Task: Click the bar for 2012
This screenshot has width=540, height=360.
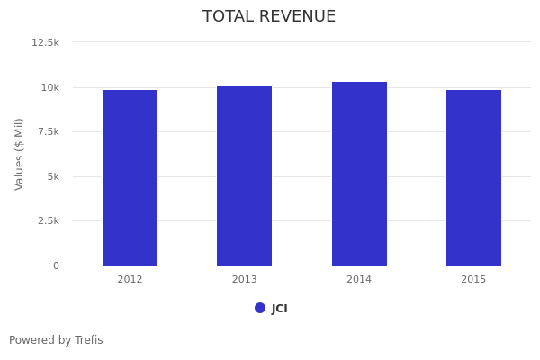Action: click(130, 177)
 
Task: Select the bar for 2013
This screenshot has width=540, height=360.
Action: click(244, 175)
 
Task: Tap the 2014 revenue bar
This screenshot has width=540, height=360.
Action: click(359, 174)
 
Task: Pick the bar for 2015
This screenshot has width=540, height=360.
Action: click(473, 177)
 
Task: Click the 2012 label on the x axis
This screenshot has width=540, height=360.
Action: click(130, 280)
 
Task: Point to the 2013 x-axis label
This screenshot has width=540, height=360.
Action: click(244, 280)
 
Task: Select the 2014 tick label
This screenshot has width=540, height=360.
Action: click(359, 280)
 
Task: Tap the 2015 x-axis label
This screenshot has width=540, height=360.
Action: click(473, 280)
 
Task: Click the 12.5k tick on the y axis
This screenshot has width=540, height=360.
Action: click(46, 42)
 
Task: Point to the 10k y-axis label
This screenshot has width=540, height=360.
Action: click(49, 87)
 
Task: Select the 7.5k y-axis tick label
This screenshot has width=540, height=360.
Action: click(48, 131)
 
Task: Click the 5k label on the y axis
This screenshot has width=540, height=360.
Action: click(53, 176)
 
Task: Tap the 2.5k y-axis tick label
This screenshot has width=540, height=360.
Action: click(48, 220)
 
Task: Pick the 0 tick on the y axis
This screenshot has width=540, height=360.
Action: click(56, 265)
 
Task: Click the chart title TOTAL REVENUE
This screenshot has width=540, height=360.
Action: click(269, 17)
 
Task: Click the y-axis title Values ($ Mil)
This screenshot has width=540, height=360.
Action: click(20, 154)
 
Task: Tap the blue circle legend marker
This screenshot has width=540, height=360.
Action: click(260, 308)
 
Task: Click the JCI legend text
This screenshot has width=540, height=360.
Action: click(280, 309)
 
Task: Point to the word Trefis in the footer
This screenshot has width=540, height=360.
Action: click(88, 340)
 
